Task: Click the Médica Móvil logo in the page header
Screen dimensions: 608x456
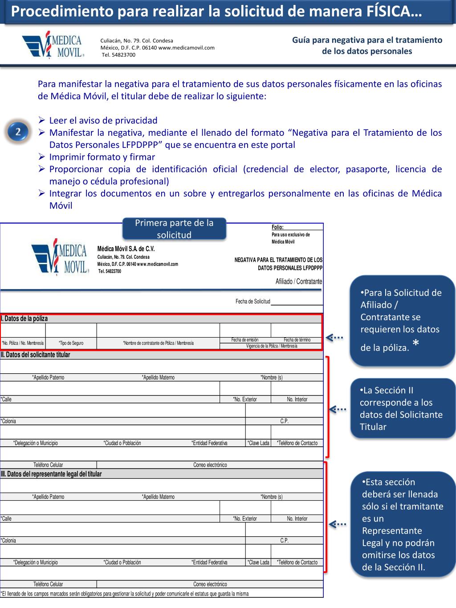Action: [53, 45]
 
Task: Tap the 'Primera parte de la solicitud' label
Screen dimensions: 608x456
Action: [174, 229]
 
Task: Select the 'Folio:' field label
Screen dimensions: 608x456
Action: [277, 227]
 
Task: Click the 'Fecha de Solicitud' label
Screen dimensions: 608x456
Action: [252, 302]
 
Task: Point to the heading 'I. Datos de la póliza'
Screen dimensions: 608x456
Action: [24, 318]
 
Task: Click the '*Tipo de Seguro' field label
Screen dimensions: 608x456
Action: [71, 343]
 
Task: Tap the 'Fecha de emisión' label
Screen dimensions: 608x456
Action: [244, 340]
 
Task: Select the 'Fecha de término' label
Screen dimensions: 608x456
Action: [297, 340]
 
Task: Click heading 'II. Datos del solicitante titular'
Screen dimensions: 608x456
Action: [36, 355]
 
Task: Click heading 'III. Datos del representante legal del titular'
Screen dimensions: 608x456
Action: [51, 474]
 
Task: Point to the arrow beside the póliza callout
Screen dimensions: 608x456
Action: [334, 338]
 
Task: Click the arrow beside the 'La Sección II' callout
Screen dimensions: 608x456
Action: [337, 409]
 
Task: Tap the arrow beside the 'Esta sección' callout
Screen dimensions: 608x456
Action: [337, 524]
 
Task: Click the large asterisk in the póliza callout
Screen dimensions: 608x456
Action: [415, 343]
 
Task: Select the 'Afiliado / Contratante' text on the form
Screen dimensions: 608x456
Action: [298, 282]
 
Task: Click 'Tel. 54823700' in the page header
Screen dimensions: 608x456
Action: [118, 55]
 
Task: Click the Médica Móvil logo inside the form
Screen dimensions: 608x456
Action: [59, 257]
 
